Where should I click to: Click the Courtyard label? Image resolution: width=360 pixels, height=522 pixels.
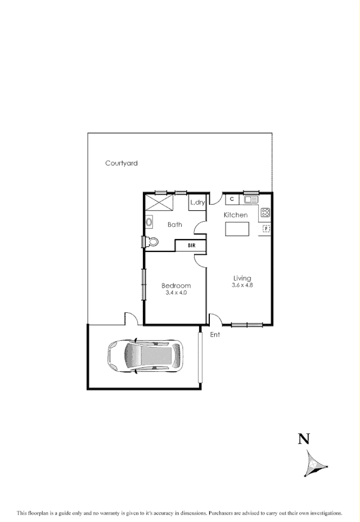[121, 163]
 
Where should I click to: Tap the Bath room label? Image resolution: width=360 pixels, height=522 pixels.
[175, 224]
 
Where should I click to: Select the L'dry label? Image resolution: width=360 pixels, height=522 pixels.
[197, 202]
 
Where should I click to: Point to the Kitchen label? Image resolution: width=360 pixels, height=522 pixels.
[236, 215]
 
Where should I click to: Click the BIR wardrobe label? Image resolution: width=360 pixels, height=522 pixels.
[191, 246]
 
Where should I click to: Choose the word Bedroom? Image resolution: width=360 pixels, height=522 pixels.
[176, 286]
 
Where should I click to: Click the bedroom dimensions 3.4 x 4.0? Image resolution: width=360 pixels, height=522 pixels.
[176, 293]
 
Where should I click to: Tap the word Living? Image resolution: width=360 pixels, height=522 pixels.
[242, 278]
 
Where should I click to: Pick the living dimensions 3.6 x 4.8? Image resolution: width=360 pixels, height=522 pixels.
[242, 285]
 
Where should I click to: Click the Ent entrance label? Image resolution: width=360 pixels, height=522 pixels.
[215, 335]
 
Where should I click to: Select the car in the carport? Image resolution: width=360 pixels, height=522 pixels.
[145, 355]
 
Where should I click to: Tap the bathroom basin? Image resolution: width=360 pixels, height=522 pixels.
[149, 222]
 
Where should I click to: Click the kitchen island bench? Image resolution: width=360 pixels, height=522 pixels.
[237, 229]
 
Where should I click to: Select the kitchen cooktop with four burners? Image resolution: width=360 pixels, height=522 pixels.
[265, 213]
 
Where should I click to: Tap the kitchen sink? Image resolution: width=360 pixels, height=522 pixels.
[251, 199]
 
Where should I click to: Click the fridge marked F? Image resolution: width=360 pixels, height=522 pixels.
[267, 228]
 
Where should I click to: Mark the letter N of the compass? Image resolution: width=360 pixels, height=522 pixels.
[304, 439]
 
